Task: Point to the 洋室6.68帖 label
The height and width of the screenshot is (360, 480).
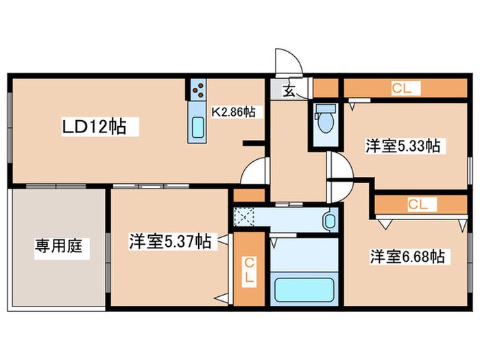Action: pos(407,256)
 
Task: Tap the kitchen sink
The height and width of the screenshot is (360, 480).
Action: pos(197,127)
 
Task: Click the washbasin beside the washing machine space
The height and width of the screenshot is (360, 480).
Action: pos(330,221)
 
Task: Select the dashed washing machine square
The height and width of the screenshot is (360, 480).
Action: pos(243,217)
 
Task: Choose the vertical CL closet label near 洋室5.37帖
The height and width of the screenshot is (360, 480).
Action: pos(250,271)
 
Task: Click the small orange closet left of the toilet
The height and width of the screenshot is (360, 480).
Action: pos(326,88)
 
